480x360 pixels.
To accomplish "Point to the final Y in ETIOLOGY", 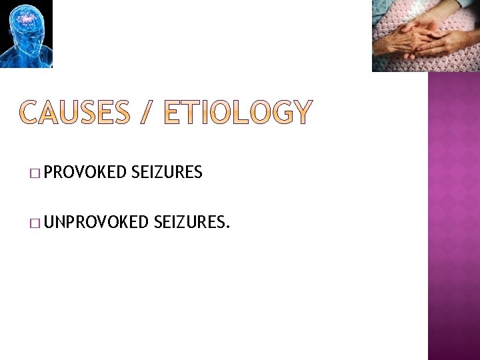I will (x=300, y=113).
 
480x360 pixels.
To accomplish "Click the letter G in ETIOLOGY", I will (x=276, y=113).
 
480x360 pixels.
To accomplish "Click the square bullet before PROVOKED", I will (x=34, y=174).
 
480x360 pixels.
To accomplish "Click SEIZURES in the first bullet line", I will (x=167, y=173).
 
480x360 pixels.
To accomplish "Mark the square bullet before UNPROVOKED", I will (x=34, y=223).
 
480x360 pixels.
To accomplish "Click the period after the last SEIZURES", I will (x=228, y=227).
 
